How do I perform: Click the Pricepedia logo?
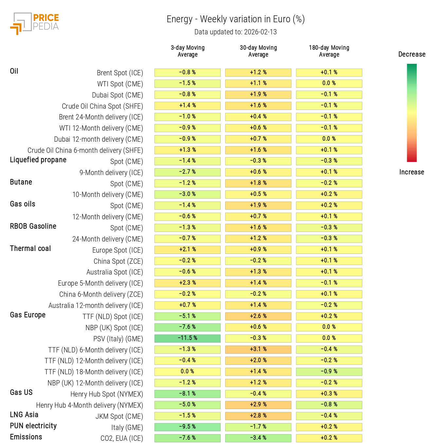point(35,23)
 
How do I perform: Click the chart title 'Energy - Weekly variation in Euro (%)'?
point(236,19)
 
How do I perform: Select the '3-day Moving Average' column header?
point(188,51)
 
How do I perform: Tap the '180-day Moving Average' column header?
point(329,51)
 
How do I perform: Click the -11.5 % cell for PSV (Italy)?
point(188,338)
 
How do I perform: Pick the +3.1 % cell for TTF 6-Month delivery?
point(258,349)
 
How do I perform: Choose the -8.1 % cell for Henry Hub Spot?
point(188,394)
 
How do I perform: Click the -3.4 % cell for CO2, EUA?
point(258,438)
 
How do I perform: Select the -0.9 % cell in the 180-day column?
point(329,372)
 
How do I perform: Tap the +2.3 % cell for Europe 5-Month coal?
point(188,283)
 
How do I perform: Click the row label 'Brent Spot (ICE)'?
point(120,73)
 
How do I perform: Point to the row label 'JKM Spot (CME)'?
point(119,417)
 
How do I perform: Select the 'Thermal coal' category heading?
point(30,249)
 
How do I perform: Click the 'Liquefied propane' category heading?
point(38,160)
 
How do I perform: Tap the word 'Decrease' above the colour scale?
point(412,54)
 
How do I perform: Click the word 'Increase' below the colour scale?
point(411,172)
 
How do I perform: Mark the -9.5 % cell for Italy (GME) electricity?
point(188,427)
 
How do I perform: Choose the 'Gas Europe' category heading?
point(28,315)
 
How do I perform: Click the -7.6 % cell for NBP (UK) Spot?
point(188,327)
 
